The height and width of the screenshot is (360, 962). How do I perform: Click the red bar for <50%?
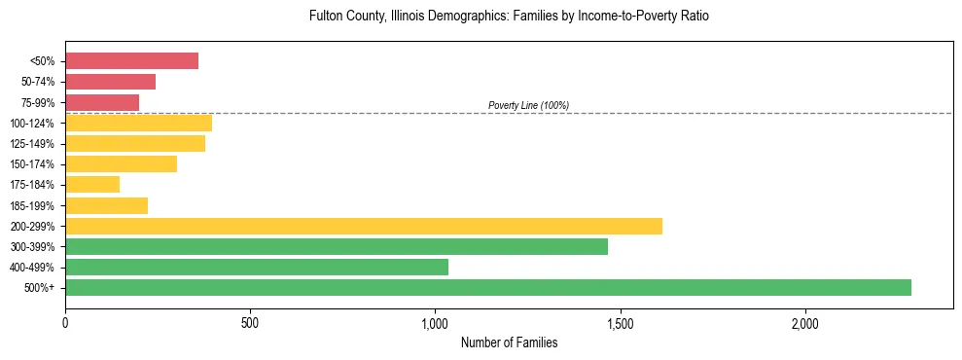pos(131,61)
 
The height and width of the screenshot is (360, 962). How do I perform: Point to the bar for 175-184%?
pos(92,184)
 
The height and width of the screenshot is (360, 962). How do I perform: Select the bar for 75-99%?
pos(102,102)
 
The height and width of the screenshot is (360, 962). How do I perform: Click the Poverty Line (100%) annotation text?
pos(528,105)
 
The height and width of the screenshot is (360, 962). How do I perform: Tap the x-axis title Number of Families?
pos(509,342)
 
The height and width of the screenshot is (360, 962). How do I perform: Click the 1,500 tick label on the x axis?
pos(621,323)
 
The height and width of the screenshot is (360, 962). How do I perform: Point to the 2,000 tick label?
pos(805,323)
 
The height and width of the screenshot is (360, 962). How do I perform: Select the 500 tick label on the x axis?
pos(250,323)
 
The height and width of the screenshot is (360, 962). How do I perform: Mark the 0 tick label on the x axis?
pos(65,323)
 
